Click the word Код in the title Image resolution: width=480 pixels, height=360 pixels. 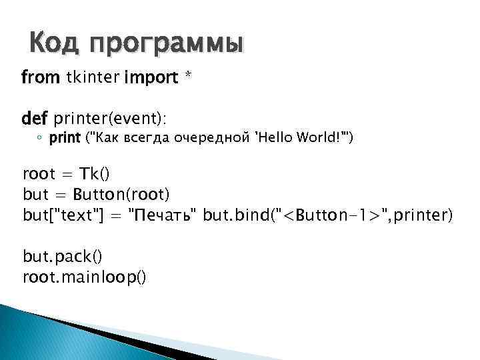pyautogui.click(x=55, y=44)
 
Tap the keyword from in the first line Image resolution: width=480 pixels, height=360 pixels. pyautogui.click(x=41, y=78)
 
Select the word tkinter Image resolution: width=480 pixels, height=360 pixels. pyautogui.click(x=93, y=78)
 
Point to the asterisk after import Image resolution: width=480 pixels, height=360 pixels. pyautogui.click(x=189, y=77)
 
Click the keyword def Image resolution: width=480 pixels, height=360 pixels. pyautogui.click(x=35, y=118)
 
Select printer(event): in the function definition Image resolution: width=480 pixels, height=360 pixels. pyautogui.click(x=109, y=118)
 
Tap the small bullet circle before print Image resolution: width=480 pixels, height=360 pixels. pyautogui.click(x=40, y=139)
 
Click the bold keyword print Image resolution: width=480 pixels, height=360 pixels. pyautogui.click(x=65, y=139)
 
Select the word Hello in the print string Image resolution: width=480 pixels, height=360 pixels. pyautogui.click(x=273, y=138)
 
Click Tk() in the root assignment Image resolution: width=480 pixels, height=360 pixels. pyautogui.click(x=95, y=175)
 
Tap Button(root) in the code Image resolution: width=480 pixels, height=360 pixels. pyautogui.click(x=121, y=194)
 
